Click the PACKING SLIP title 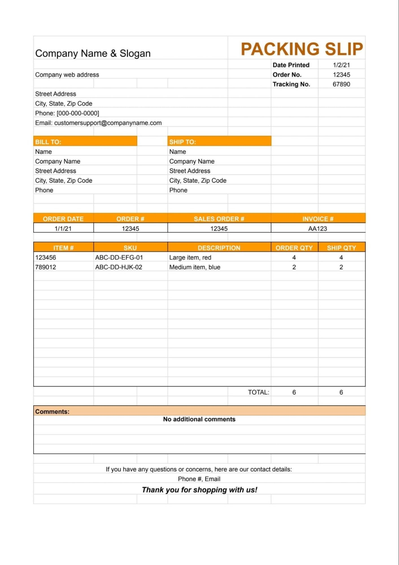click(x=302, y=49)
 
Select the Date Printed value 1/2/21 click(x=341, y=65)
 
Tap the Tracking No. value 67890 click(x=341, y=84)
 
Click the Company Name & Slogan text click(x=93, y=53)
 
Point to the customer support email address click(x=108, y=123)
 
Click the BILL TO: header click(x=48, y=142)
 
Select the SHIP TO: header click(x=182, y=142)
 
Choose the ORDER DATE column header click(x=63, y=219)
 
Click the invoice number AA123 click(x=317, y=229)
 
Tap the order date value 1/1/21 click(x=63, y=229)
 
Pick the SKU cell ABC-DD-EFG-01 click(x=119, y=257)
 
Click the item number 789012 click(x=45, y=267)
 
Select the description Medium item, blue click(x=195, y=267)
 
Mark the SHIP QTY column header click(x=341, y=248)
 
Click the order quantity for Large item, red click(x=294, y=257)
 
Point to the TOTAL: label click(x=258, y=392)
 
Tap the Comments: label click(x=52, y=412)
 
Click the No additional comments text click(x=199, y=419)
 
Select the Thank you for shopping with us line click(x=199, y=490)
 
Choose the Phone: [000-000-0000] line click(x=67, y=113)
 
